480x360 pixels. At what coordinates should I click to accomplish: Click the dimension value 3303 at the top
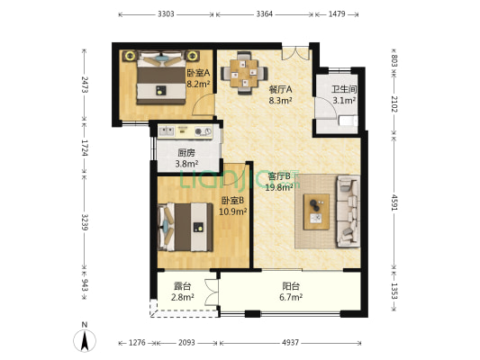(166, 14)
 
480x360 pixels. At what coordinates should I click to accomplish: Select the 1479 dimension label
(337, 14)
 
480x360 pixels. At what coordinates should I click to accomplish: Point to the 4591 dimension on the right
(394, 202)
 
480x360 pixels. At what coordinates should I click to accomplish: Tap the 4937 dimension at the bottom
(290, 343)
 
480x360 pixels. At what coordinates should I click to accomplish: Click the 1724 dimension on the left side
(85, 148)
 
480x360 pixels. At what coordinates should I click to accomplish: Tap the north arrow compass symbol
(85, 338)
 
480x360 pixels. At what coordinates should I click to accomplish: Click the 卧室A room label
(198, 73)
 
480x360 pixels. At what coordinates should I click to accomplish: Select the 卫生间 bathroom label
(344, 89)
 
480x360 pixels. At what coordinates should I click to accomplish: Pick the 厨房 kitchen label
(186, 152)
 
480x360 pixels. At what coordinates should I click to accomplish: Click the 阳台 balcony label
(291, 286)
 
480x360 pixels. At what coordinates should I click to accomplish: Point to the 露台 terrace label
(182, 286)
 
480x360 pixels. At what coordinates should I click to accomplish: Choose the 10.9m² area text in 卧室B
(233, 211)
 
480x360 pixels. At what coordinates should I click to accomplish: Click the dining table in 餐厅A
(244, 73)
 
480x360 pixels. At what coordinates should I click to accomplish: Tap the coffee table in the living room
(316, 211)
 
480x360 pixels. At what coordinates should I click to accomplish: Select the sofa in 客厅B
(348, 211)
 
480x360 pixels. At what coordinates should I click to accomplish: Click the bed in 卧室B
(186, 227)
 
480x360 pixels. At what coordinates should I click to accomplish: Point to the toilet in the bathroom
(349, 121)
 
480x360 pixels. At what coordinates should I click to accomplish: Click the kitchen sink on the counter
(167, 131)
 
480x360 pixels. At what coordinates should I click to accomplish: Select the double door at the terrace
(212, 292)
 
